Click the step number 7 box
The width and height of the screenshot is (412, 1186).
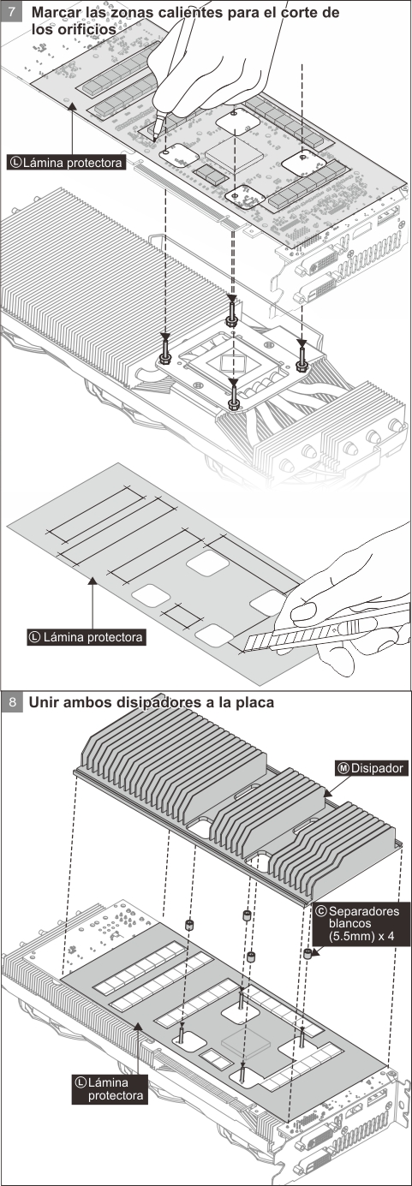[x=12, y=11]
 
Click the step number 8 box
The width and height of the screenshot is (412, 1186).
[x=12, y=702]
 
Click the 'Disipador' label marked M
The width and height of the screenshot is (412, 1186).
[x=371, y=768]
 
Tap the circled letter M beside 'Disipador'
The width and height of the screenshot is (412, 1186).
[x=343, y=768]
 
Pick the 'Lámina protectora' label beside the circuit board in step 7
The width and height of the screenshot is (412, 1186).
[x=67, y=162]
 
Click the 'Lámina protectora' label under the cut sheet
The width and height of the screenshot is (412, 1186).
[x=87, y=636]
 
